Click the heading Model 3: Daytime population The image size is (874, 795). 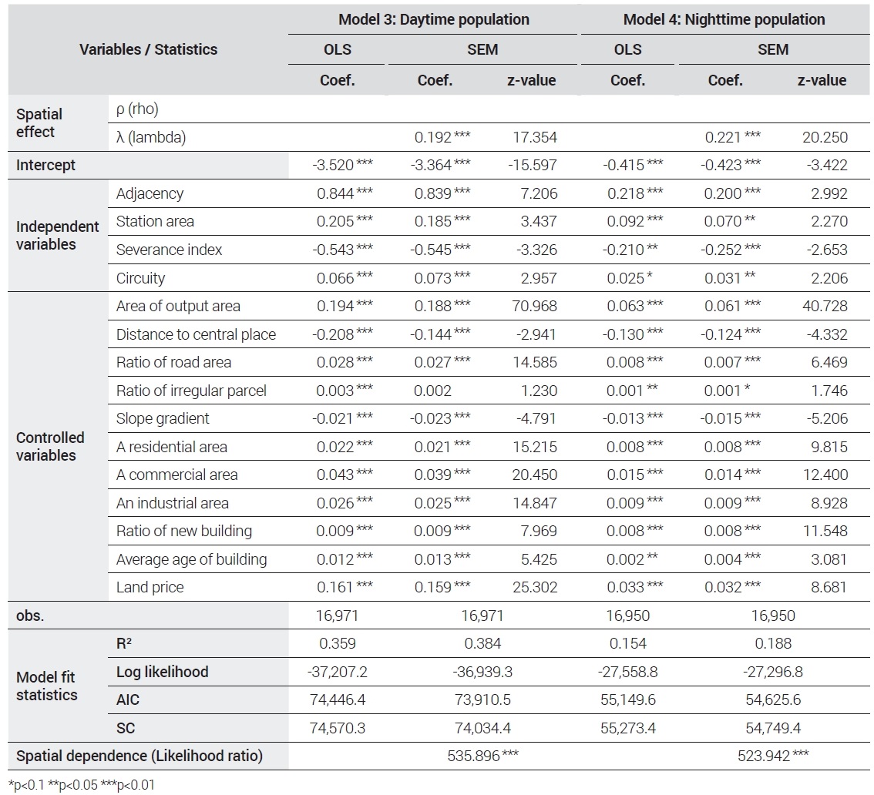pyautogui.click(x=434, y=19)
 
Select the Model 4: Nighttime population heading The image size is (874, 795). pyautogui.click(x=724, y=19)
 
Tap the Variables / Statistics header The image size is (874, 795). pyautogui.click(x=148, y=49)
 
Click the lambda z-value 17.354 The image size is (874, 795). pyautogui.click(x=535, y=137)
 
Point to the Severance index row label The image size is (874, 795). pyautogui.click(x=169, y=250)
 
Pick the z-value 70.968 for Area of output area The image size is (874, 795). pyautogui.click(x=535, y=306)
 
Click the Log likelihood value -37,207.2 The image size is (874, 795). pyautogui.click(x=338, y=672)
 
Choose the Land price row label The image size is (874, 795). pyautogui.click(x=150, y=587)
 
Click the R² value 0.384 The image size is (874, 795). pyautogui.click(x=482, y=643)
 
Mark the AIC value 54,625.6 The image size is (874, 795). pyautogui.click(x=773, y=699)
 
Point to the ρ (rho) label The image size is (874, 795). pyautogui.click(x=137, y=109)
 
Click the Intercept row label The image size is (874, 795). pyautogui.click(x=45, y=166)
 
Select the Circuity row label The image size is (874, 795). pyautogui.click(x=140, y=278)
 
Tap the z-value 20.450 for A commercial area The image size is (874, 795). pyautogui.click(x=535, y=475)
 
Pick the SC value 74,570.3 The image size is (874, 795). pyautogui.click(x=338, y=728)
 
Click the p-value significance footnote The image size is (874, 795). pyautogui.click(x=82, y=785)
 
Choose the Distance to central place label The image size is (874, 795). pyautogui.click(x=197, y=334)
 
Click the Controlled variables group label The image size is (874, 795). pyautogui.click(x=50, y=446)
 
